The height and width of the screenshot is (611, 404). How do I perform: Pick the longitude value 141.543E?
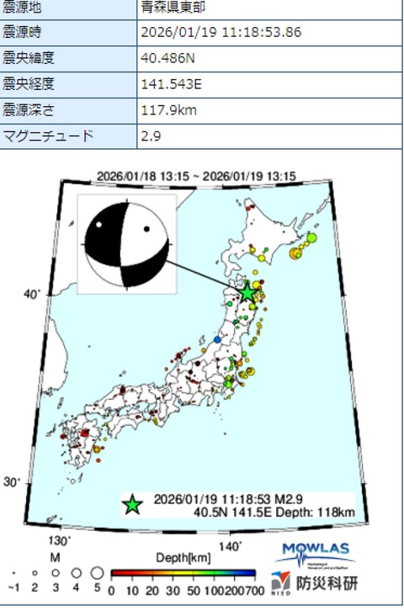point(168,84)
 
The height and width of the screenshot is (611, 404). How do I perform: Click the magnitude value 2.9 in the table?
point(151,135)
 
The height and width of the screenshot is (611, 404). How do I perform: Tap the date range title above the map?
point(202,176)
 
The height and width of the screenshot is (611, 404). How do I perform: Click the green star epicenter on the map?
point(247,292)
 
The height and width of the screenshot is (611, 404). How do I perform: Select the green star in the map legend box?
point(132,504)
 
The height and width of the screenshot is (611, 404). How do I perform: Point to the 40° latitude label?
point(32,294)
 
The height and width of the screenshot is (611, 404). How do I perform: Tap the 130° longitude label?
point(61,539)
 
